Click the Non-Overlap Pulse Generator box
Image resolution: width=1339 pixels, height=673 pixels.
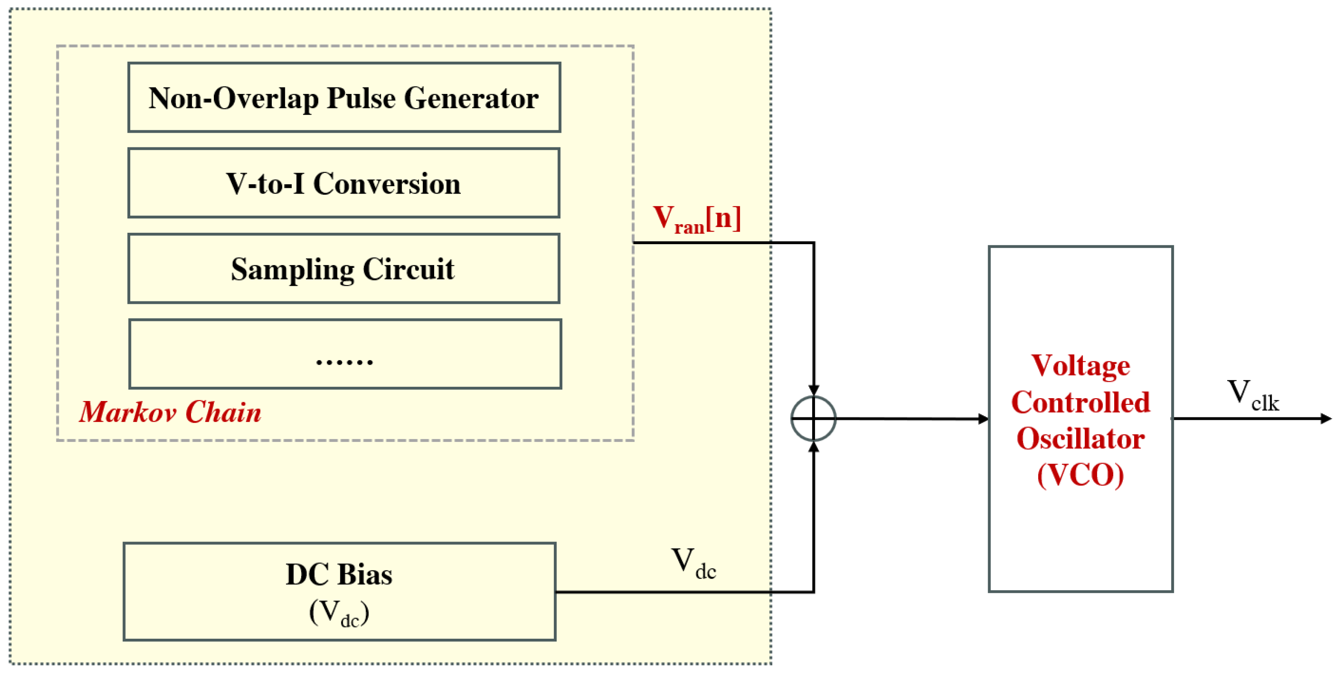pos(344,97)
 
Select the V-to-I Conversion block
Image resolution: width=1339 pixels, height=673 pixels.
pos(344,183)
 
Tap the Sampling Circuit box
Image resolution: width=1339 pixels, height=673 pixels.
pos(344,268)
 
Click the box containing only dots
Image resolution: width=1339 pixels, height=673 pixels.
pos(345,354)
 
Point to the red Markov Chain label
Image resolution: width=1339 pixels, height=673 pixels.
pos(170,412)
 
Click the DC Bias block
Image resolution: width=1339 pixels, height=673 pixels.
pos(340,591)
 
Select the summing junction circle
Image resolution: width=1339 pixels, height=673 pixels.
pos(813,418)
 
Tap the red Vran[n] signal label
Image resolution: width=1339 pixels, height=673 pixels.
pos(697,218)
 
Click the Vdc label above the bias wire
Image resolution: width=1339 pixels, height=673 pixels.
pos(694,563)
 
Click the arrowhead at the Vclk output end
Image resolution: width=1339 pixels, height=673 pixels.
pos(1326,418)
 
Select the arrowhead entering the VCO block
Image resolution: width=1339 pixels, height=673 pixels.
pos(983,419)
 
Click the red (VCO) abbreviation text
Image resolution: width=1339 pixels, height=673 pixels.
pos(1081,475)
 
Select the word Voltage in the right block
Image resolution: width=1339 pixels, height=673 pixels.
pos(1081,365)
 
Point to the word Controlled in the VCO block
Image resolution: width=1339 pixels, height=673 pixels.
pos(1081,402)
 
